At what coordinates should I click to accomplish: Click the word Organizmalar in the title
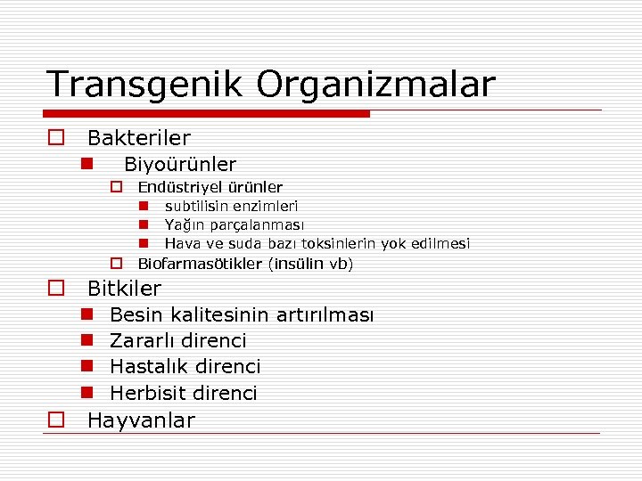375,85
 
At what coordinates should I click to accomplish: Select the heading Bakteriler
138,138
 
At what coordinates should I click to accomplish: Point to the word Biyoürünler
180,165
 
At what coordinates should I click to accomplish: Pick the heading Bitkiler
124,289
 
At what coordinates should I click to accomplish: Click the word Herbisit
145,394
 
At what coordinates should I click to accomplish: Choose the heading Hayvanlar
141,420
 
